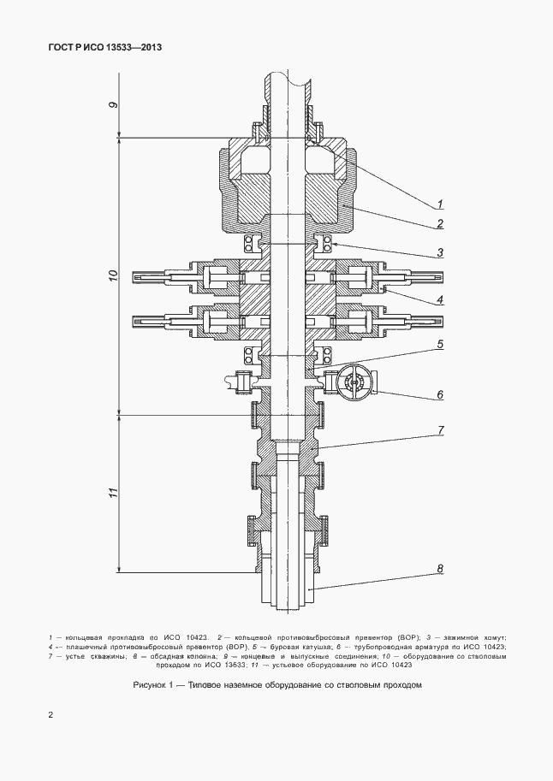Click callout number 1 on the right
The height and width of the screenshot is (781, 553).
click(x=439, y=203)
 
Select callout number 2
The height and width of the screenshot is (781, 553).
click(x=439, y=223)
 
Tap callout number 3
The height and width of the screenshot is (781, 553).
click(x=439, y=252)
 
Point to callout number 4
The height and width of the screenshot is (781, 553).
click(x=439, y=299)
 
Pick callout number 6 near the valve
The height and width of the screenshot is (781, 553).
click(x=439, y=395)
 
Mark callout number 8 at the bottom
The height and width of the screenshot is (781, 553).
click(x=439, y=568)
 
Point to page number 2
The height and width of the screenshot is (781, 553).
click(x=51, y=714)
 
